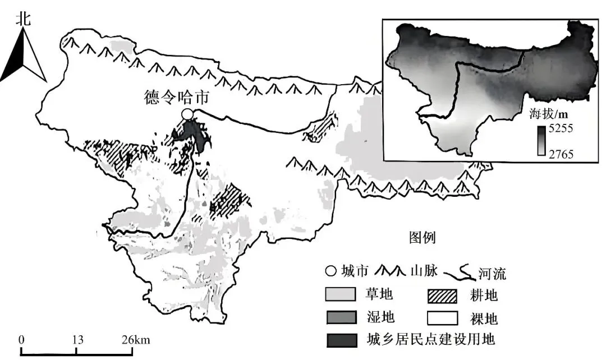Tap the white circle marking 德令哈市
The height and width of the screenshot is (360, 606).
[x=187, y=114]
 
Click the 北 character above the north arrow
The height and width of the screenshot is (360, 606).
[x=23, y=19]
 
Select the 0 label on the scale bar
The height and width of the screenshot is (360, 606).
[x=21, y=340]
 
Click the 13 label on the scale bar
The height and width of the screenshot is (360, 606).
[x=77, y=340]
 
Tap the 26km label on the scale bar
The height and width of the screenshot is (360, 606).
[x=135, y=340]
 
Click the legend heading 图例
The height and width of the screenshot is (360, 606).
[x=421, y=238]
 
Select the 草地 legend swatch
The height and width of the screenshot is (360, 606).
[x=341, y=293]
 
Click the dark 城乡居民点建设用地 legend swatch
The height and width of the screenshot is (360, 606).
[x=341, y=340]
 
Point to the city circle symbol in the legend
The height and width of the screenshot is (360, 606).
[x=330, y=272]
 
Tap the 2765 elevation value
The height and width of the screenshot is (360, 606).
[x=561, y=153]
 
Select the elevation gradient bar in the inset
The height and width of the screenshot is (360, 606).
[x=541, y=141]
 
